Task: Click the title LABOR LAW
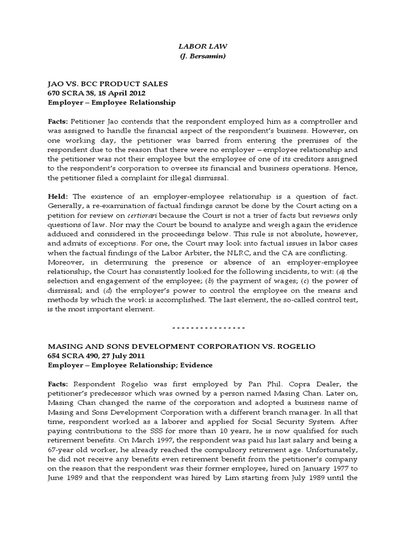(202, 47)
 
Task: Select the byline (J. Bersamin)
(202, 57)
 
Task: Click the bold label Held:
(58, 196)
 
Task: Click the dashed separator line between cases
(202, 327)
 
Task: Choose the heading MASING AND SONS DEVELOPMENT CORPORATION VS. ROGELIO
(181, 346)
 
